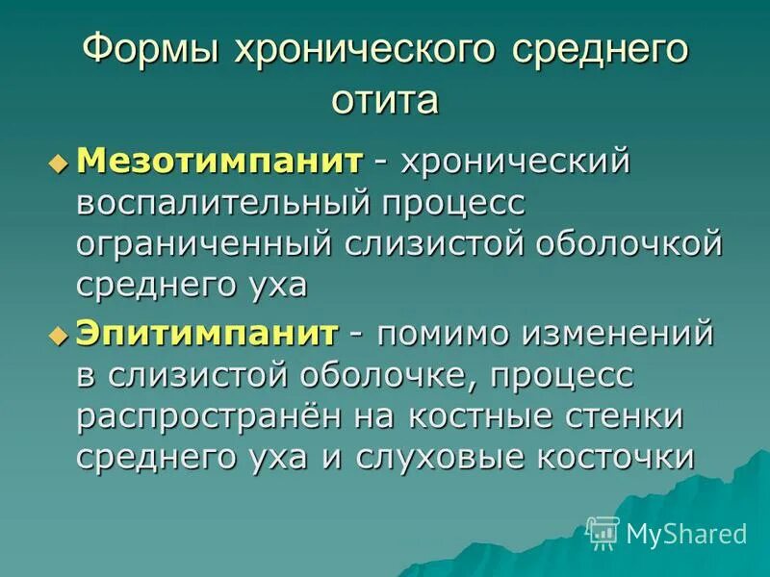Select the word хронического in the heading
point(362,51)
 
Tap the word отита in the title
point(385,99)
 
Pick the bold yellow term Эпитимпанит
point(208,333)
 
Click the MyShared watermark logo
point(666,532)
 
